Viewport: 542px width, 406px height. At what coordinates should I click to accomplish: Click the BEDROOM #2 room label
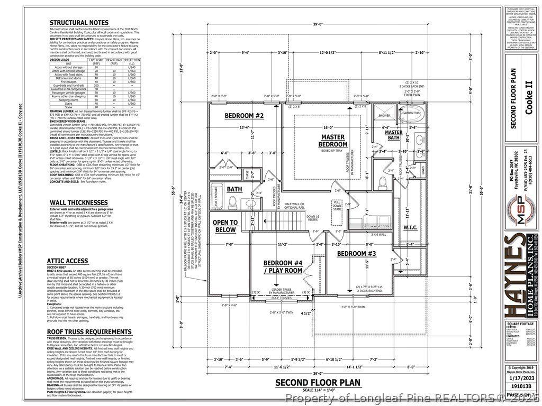pos(244,116)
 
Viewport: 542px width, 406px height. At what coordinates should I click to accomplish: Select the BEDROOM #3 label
pos(356,254)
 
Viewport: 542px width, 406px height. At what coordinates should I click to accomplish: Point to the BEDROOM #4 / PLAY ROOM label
pos(283,267)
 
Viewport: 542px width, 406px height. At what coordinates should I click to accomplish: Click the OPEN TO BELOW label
pos(225,226)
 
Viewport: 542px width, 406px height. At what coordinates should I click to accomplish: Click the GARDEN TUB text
pos(410,113)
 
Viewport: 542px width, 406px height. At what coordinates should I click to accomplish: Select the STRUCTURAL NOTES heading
pos(79,23)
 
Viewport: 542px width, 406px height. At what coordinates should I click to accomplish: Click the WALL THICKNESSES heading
pos(78,202)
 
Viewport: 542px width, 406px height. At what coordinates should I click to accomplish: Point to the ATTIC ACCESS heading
pos(67,261)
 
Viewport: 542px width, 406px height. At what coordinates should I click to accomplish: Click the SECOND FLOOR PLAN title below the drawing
pos(317,382)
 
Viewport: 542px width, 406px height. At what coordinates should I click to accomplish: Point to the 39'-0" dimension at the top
pos(318,24)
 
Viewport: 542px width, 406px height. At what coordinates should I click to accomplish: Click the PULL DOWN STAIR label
pos(337,205)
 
